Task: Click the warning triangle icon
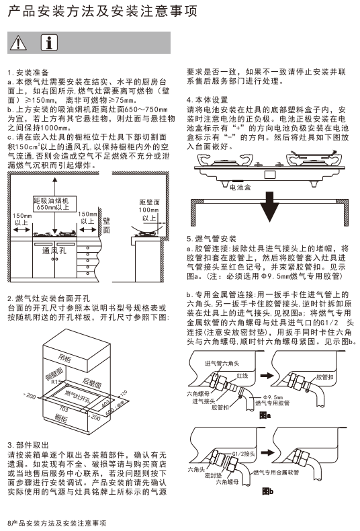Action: [18, 43]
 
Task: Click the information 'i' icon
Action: [49, 42]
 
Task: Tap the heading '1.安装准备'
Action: [28, 73]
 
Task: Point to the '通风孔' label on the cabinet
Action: [54, 251]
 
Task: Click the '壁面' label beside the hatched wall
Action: [107, 226]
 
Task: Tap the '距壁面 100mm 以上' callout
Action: [149, 210]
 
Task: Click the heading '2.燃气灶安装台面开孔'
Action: [49, 298]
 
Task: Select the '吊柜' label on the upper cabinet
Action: [64, 358]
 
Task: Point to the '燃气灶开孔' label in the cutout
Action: [77, 396]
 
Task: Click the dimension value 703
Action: [64, 409]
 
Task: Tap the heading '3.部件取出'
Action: [28, 445]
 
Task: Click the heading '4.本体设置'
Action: [207, 100]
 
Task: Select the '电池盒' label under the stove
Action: [240, 188]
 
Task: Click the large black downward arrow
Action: [269, 207]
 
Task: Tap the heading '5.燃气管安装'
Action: [211, 239]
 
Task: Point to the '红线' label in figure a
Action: [242, 375]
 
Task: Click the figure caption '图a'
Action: [265, 415]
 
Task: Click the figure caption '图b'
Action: [267, 491]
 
